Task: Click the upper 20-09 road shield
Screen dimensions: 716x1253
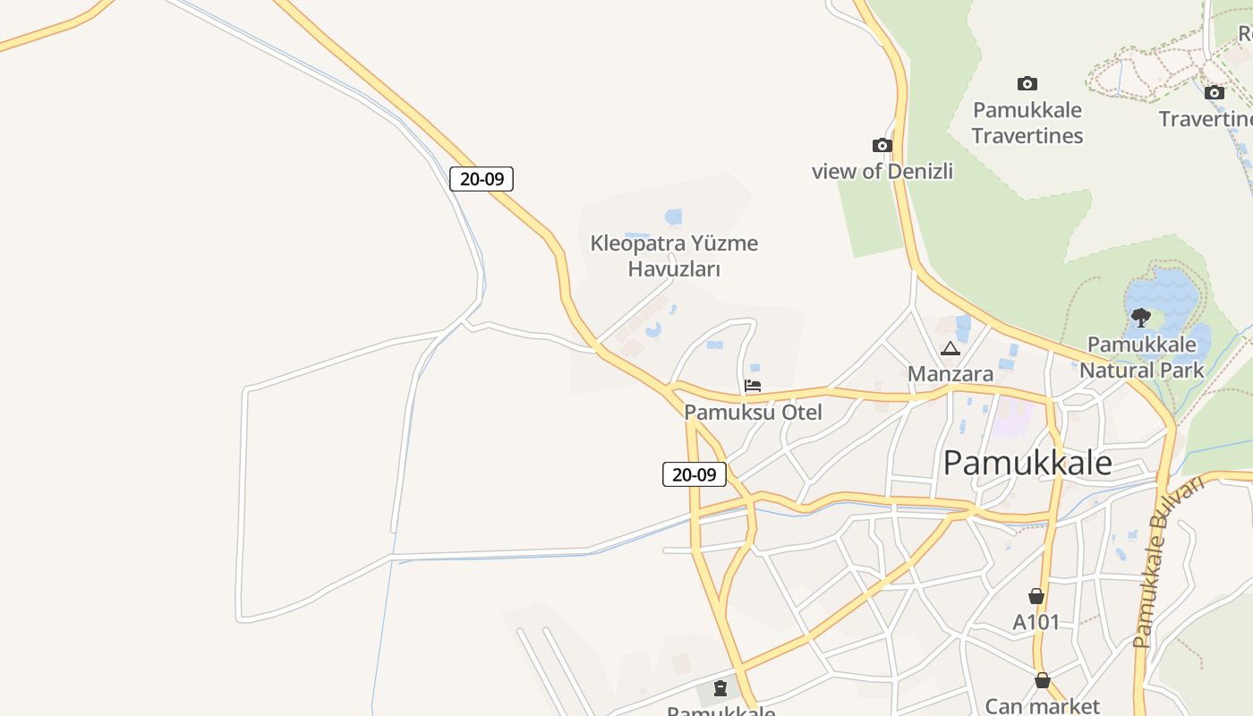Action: click(482, 179)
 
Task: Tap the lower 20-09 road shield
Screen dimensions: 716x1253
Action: click(694, 474)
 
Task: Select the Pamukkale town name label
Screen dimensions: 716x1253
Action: click(1027, 463)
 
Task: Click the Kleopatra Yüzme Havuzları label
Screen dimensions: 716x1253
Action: click(674, 256)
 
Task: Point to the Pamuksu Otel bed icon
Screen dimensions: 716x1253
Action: click(753, 386)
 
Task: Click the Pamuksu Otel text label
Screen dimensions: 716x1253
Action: click(753, 413)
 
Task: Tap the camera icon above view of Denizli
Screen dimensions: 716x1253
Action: click(882, 145)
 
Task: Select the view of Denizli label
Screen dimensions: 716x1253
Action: click(882, 171)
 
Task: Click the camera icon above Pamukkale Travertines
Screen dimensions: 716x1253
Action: click(1027, 83)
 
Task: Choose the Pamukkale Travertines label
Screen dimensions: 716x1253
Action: click(1027, 123)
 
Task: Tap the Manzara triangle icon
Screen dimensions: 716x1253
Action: click(950, 348)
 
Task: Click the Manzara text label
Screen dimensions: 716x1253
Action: click(950, 373)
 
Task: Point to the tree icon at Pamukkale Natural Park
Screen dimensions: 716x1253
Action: click(1141, 317)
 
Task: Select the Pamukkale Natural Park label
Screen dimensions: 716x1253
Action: click(1141, 357)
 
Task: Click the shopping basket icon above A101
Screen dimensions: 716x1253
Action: click(1036, 596)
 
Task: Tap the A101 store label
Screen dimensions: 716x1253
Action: click(1036, 622)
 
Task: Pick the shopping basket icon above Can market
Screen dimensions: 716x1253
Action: click(1042, 680)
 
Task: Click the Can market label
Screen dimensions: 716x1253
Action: click(1042, 705)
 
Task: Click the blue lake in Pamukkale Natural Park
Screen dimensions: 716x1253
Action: click(1168, 291)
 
